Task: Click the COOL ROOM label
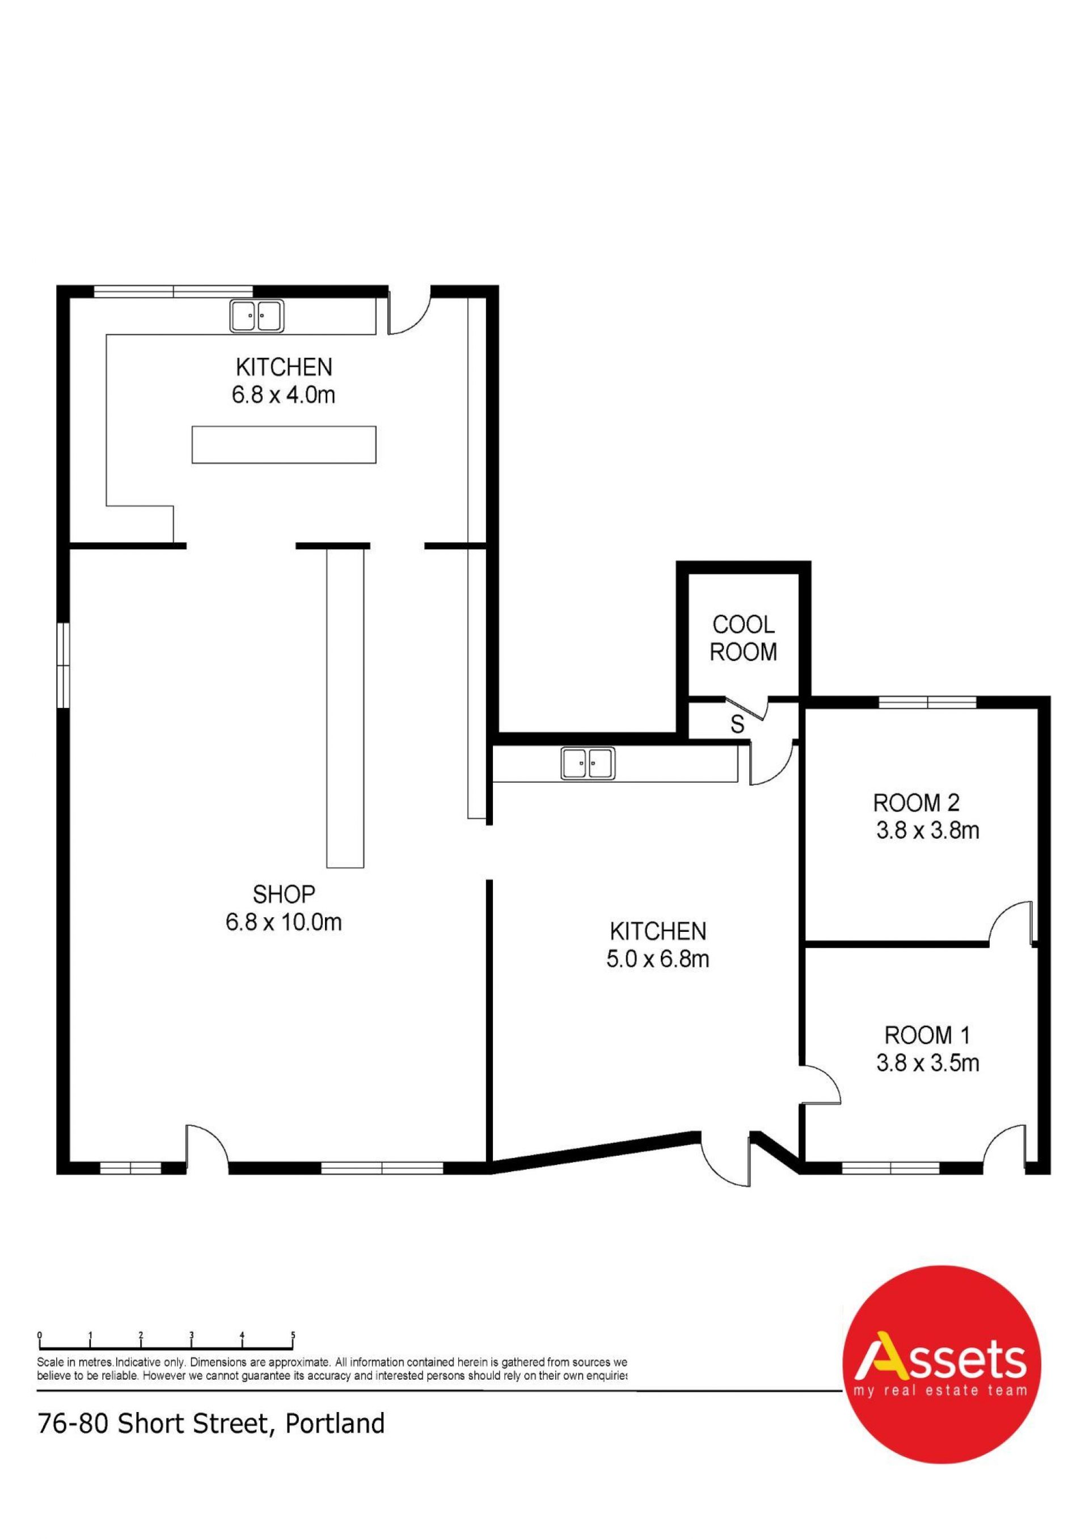743,638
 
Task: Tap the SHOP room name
284,893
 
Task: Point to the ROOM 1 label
927,1035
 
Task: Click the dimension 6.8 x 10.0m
284,922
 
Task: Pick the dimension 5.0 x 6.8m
658,959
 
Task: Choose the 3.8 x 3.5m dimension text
927,1063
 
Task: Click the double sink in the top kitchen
257,316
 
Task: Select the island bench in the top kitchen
284,444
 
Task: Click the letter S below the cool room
737,724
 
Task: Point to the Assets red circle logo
942,1367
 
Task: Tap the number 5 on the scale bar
293,1334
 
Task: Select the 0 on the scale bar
40,1334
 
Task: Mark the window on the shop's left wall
63,665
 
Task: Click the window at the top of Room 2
927,702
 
